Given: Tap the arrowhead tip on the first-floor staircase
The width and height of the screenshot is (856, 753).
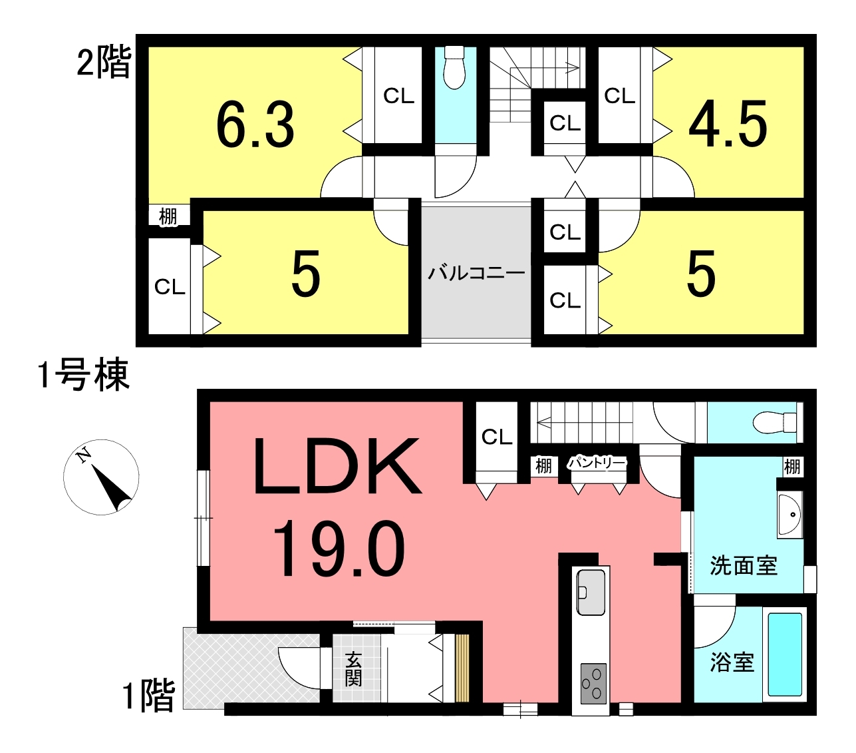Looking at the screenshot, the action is point(537,422).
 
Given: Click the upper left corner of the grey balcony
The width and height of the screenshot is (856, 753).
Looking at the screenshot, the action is point(422,207).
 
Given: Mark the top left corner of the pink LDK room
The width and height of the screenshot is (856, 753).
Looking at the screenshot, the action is point(210,402).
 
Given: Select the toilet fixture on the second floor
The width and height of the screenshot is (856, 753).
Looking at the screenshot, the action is point(455,67).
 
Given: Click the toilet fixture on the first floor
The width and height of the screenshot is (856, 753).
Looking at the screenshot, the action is point(775,422).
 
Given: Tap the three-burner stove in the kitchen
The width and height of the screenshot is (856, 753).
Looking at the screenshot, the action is point(593,684).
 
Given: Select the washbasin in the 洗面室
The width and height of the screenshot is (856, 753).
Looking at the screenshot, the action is point(789,515).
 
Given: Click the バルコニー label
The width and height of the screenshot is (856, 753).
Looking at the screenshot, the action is point(476,274).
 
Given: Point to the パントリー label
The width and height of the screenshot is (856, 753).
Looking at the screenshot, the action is point(597,463).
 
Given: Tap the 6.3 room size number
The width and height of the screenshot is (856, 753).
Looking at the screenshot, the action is point(255,125).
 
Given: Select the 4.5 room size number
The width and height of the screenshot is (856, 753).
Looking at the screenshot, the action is point(728,124).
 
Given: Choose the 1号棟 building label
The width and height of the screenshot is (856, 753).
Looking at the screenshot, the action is point(83,374).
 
